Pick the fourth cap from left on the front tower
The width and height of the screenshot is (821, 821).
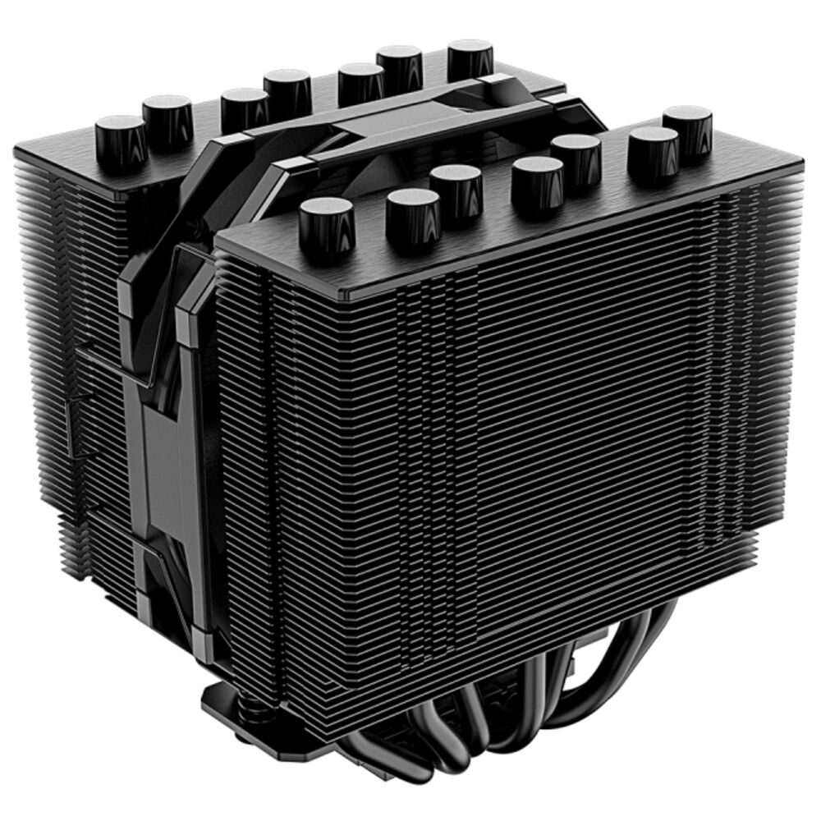(x=537, y=179)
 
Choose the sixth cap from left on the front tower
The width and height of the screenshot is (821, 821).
(x=653, y=151)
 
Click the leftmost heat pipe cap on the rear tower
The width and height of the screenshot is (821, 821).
(x=121, y=139)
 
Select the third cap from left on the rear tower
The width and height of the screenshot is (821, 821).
(x=245, y=107)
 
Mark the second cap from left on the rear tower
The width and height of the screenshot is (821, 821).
(x=167, y=118)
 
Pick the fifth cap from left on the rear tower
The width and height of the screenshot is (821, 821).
(x=361, y=82)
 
